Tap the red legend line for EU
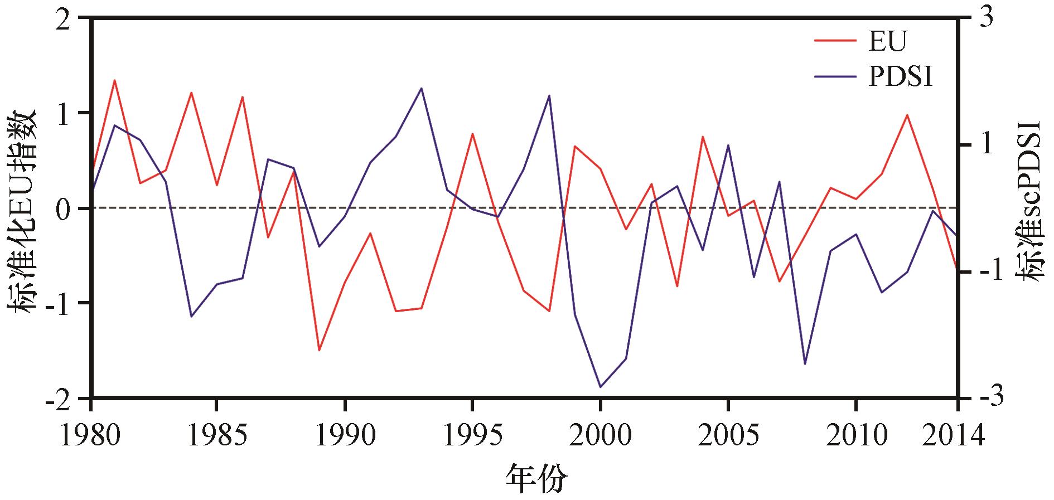tap(835, 41)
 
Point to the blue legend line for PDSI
tap(835, 76)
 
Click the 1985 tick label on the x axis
tap(217, 435)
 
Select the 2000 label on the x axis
tap(601, 435)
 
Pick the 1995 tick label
tap(472, 435)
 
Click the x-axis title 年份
tap(536, 477)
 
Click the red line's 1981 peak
tap(114, 80)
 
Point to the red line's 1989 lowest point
tap(319, 350)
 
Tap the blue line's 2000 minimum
tap(601, 387)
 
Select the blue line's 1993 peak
tap(422, 88)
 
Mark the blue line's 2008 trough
tap(805, 364)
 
